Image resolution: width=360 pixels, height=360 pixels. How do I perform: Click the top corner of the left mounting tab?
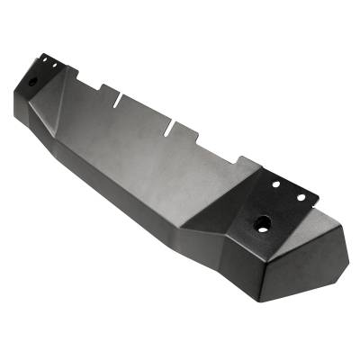point(41,54)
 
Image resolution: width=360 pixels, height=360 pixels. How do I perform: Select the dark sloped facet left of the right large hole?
point(225,220)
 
